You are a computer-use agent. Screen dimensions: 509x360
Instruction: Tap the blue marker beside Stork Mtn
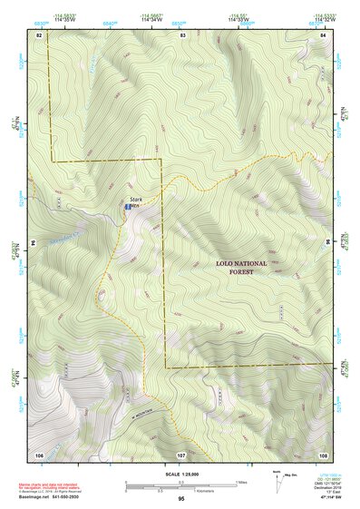[127, 207]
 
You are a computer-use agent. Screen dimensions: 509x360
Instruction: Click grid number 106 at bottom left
[39, 453]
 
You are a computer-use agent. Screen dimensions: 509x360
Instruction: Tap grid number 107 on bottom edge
[181, 453]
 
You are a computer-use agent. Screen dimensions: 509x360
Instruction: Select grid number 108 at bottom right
[324, 453]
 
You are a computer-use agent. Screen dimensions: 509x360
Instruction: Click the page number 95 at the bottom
[181, 499]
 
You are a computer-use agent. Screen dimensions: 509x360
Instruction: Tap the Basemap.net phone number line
[51, 498]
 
